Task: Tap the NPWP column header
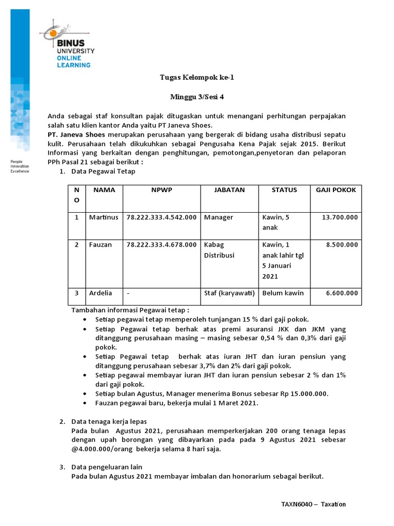162,190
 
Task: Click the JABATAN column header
229,190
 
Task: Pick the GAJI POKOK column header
336,190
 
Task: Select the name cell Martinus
103,217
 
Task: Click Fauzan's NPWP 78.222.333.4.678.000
162,245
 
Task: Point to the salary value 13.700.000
340,217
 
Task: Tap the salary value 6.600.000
342,293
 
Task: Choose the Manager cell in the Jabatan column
218,217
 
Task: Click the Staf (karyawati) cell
229,293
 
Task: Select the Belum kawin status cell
283,293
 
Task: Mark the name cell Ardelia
101,293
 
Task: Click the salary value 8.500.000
342,245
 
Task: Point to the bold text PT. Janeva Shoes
76,134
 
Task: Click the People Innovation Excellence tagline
20,166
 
